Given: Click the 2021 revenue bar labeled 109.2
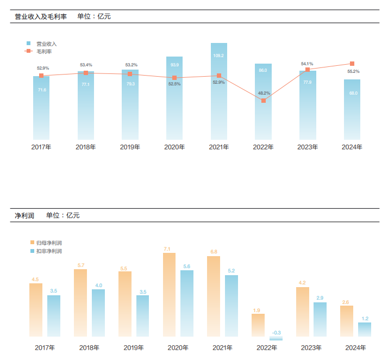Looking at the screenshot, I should [219, 92].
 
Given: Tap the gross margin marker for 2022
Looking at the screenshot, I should [264, 101].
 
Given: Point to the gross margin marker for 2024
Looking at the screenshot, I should [352, 64].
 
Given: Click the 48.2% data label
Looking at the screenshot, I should [264, 92].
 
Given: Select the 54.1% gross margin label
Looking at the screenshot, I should [307, 64].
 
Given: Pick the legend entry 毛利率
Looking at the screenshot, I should [44, 52].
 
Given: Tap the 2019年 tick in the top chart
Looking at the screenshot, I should [130, 147].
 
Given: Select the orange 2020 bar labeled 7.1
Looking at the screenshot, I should [169, 296].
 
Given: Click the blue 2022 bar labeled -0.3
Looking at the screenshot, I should [276, 338].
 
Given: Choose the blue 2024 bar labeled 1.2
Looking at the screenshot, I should [365, 330].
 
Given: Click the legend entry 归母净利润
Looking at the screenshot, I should [49, 243].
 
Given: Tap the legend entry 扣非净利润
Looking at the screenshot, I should [49, 251].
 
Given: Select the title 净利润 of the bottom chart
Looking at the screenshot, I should [24, 215].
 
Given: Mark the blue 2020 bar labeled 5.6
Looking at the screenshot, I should [187, 303].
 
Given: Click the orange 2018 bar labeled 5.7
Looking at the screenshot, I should [80, 303].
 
